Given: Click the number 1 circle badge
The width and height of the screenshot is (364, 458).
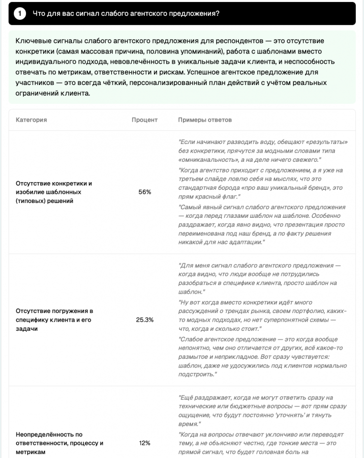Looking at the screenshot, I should (20, 14).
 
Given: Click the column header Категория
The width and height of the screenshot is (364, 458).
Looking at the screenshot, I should (31, 120).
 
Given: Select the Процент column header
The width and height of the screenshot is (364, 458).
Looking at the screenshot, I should (144, 120).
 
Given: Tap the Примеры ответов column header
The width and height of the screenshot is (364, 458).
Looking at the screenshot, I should (205, 120).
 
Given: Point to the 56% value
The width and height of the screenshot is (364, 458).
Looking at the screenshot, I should (145, 192).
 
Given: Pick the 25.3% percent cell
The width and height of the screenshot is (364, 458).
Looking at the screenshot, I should (145, 320).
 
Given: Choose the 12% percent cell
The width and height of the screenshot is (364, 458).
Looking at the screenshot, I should (145, 443).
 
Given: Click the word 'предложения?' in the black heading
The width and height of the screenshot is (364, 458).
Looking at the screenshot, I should (198, 14).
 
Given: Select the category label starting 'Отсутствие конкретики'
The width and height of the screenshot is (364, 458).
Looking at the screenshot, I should (54, 183).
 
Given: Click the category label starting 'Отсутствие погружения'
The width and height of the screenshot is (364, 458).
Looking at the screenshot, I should (54, 311).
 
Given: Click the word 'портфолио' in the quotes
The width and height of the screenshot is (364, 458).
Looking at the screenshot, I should (310, 310).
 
